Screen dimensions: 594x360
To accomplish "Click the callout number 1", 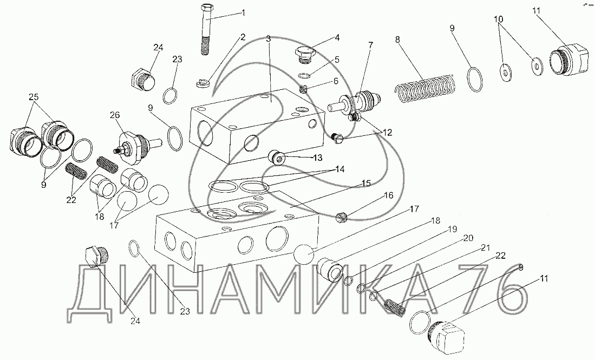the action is tap(244, 12).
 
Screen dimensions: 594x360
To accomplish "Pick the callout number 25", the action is tap(34, 97).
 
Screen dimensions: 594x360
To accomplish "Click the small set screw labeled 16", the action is tap(341, 218).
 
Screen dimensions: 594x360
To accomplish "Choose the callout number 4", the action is tap(337, 38).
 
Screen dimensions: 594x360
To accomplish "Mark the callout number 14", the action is tap(339, 169).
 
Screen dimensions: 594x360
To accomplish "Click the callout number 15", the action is tap(367, 184).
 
